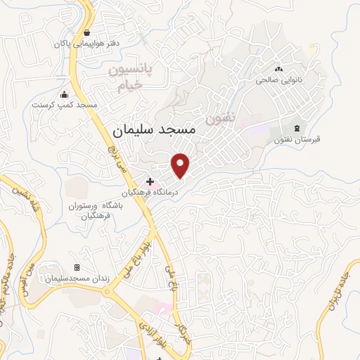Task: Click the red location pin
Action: tap(181, 165)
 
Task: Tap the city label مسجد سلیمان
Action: tap(157, 131)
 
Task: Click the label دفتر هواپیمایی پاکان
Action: tap(86, 44)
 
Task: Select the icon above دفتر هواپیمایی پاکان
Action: tap(86, 32)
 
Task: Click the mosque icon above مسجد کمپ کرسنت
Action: tap(65, 95)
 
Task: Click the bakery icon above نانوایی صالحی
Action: tap(280, 70)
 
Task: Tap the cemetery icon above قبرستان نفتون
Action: tap(297, 128)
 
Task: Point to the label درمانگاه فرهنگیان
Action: tap(149, 193)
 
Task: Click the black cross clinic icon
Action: tap(149, 181)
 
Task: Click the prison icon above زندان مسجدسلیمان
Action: tap(77, 268)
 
